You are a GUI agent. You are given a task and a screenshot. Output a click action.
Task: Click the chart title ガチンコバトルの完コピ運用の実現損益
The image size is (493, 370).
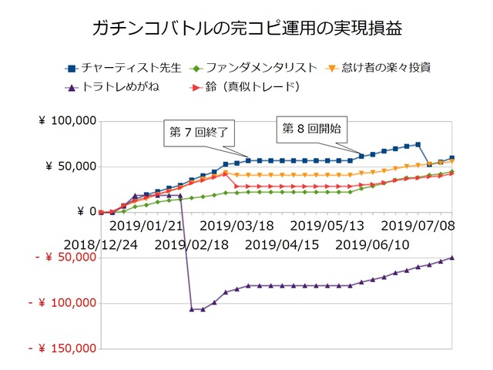[246, 29]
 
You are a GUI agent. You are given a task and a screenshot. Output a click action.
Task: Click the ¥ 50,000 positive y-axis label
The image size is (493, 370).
[70, 166]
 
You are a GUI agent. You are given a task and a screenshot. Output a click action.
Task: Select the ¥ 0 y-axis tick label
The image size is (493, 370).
[86, 212]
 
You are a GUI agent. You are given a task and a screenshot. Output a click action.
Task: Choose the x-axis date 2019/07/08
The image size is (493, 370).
[416, 226]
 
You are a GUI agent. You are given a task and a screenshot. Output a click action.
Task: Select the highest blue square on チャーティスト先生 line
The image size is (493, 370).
[418, 144]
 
